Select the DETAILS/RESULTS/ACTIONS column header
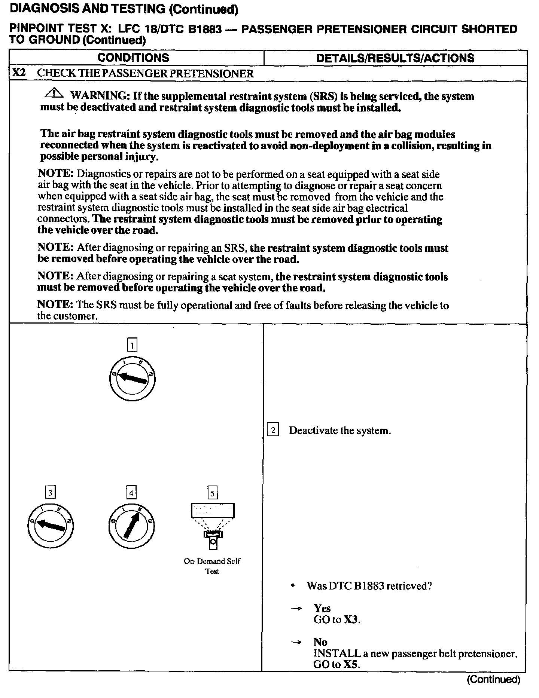pos(395,58)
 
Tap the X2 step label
pos(19,73)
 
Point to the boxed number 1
pos(133,345)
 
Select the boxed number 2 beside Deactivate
pos(273,431)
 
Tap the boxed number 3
pos(50,492)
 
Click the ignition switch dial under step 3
pos(51,526)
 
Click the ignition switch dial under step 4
pos(131,526)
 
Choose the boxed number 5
pos(212,493)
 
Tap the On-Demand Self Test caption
pos(212,566)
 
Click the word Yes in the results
pos(322,609)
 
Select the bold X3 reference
pos(351,620)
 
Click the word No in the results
pos(320,642)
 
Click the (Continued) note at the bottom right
pos(493,679)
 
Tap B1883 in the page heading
pos(204,29)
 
